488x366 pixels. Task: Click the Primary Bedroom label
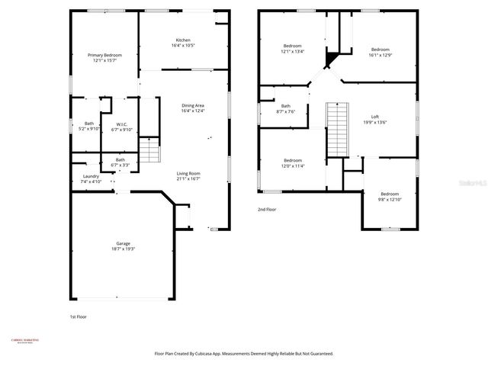click(x=104, y=55)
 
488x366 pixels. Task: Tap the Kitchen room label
click(x=183, y=40)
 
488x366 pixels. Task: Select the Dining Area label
click(x=193, y=105)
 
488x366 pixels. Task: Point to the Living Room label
click(x=188, y=173)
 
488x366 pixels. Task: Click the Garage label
click(x=123, y=243)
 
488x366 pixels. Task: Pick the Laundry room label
click(x=91, y=176)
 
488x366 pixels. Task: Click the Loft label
click(x=375, y=115)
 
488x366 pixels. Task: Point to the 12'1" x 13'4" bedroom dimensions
click(x=293, y=52)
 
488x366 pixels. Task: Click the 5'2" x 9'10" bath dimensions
click(x=89, y=129)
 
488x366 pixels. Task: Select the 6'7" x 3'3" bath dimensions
click(x=120, y=165)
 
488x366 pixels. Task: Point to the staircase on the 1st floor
click(x=152, y=151)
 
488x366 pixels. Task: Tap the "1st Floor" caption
click(x=79, y=316)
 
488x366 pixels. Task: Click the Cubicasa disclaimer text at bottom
click(x=243, y=354)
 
